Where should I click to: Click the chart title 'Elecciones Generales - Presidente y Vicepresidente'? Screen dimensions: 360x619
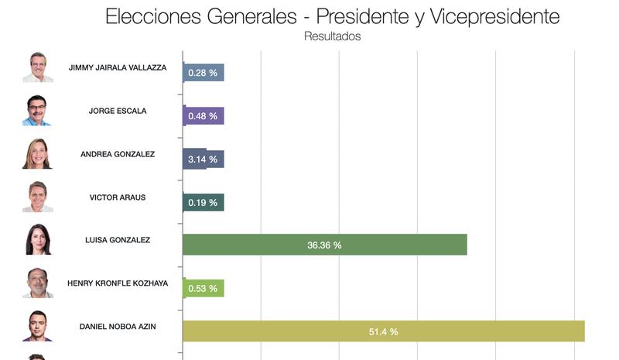[332, 16]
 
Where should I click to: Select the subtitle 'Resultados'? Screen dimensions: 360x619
[332, 36]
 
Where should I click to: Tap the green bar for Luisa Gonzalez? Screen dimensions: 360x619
[387, 245]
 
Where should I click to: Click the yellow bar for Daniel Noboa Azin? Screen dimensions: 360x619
[464, 331]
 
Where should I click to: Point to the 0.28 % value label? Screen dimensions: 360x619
[203, 74]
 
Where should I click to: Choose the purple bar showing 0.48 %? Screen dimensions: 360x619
[203, 116]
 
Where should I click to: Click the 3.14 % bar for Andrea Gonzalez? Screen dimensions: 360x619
[203, 159]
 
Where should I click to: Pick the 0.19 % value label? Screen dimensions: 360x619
[203, 203]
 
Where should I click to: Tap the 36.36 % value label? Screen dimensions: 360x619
[324, 245]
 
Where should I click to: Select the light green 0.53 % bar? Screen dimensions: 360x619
[203, 289]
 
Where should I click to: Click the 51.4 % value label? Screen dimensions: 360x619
[383, 331]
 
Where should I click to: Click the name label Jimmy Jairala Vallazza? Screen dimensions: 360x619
[118, 67]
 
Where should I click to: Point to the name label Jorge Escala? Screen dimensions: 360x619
[118, 111]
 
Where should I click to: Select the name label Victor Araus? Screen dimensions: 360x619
[118, 197]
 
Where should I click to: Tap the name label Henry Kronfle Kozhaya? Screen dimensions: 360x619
[118, 283]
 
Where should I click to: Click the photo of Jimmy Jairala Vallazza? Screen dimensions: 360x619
[37, 67]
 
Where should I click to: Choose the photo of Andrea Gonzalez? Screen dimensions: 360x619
[37, 153]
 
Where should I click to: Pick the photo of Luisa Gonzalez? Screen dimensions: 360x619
[37, 240]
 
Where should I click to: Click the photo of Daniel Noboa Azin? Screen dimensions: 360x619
[37, 326]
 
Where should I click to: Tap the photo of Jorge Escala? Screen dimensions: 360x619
[37, 111]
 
